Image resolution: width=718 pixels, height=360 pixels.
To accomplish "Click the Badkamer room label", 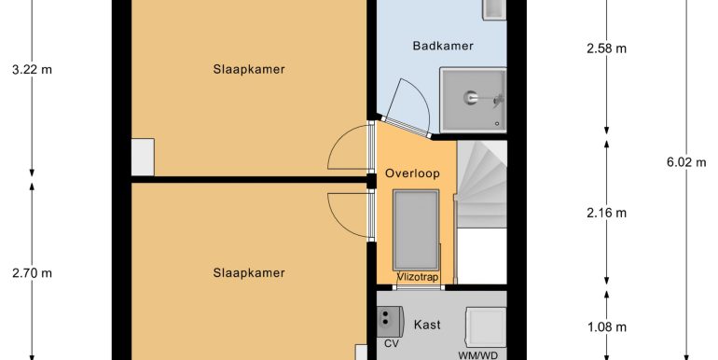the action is click(x=443, y=46).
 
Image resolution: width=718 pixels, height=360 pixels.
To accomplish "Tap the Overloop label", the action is click(x=412, y=173).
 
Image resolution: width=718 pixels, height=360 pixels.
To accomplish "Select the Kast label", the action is click(x=427, y=325).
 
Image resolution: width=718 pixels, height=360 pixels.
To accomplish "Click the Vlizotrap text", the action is click(x=417, y=277).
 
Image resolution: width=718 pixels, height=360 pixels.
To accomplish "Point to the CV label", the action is click(x=391, y=343).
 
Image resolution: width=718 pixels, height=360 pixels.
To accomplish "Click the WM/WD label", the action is click(x=477, y=355).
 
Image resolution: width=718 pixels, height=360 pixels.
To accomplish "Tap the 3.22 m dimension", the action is click(x=32, y=70).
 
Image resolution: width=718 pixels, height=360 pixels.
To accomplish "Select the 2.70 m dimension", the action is click(x=32, y=273).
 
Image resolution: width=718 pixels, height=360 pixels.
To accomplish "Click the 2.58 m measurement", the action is click(x=606, y=48).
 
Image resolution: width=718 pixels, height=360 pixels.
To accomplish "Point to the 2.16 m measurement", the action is click(x=606, y=213).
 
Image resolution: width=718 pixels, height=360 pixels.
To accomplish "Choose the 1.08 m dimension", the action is click(x=606, y=327).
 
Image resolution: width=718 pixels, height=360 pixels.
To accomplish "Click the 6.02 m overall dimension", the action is click(x=686, y=162).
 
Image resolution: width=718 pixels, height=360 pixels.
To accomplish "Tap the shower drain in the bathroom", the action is click(x=497, y=124).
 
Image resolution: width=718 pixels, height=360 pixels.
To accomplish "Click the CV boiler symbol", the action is click(x=390, y=321).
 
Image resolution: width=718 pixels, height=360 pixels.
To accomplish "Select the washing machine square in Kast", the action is click(x=486, y=327).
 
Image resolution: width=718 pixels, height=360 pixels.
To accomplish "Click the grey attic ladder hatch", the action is click(x=416, y=230).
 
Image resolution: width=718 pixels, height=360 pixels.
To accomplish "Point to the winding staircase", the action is click(x=482, y=184).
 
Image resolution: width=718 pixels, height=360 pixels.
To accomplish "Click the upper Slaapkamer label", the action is click(x=249, y=70).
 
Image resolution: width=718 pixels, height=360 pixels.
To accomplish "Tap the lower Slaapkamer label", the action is click(x=249, y=273).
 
